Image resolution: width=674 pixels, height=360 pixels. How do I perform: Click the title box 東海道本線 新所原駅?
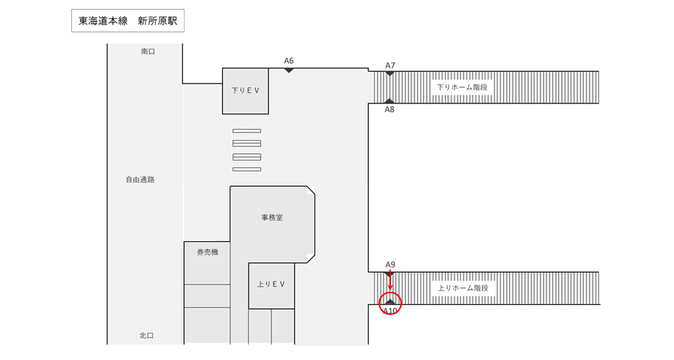128,21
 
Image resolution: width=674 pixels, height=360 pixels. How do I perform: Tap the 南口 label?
148,51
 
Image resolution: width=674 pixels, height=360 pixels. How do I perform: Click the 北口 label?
147,336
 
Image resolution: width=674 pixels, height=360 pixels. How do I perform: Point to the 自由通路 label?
140,180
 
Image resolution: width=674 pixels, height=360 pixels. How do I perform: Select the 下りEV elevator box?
246,91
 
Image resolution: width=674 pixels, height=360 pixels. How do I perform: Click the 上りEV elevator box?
271,286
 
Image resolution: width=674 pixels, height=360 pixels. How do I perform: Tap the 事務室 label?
272,218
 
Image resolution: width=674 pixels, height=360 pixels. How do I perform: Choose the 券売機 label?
208,252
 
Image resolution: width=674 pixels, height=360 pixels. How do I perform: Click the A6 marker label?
289,61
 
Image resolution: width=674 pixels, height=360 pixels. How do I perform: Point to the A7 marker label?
390,65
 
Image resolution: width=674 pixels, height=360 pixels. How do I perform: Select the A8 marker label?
389,109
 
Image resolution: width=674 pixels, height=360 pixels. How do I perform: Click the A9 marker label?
390,265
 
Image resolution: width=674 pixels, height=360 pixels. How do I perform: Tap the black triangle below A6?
289,70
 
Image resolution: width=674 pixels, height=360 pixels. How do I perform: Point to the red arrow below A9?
390,280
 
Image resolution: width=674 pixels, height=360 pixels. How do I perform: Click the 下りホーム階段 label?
462,87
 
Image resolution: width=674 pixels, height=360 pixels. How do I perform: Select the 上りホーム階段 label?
463,288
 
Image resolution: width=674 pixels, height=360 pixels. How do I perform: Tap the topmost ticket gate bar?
246,131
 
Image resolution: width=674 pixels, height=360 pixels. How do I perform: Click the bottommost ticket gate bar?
246,169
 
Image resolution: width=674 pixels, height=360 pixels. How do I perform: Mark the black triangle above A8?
389,101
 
